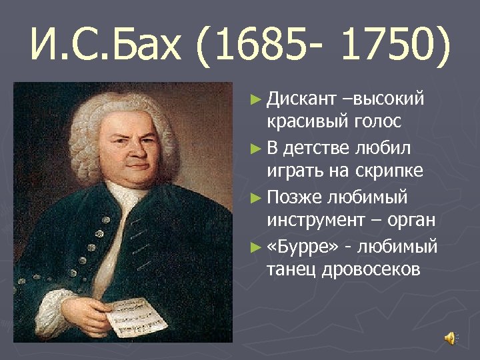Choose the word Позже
point(294,198)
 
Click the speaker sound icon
point(451,337)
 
